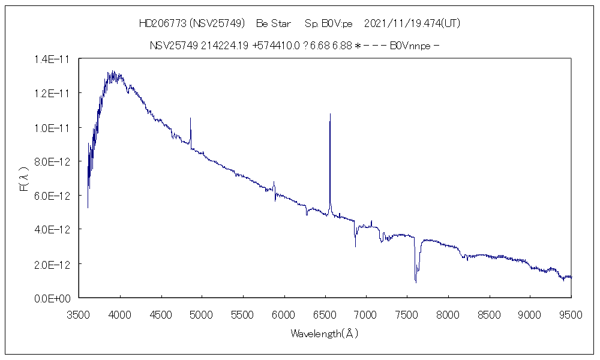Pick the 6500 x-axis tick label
[325, 313]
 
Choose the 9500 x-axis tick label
[571, 313]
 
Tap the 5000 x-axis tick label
[202, 313]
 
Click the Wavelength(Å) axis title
[325, 334]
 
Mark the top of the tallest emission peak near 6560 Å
[330, 113]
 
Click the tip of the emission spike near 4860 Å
[191, 118]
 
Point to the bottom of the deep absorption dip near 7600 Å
[416, 282]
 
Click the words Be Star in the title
[273, 24]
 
